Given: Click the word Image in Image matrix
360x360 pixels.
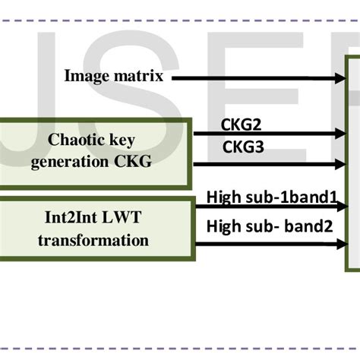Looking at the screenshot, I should point(84,75).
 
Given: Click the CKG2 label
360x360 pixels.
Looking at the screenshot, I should point(242,123).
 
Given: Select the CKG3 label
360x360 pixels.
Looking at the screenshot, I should point(242,147).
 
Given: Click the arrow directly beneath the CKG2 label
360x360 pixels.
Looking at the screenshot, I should point(266,134).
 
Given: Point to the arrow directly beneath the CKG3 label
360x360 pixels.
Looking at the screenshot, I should point(266,163).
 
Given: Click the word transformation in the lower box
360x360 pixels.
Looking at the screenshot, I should point(95,241).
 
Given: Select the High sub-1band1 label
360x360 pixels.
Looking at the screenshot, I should point(271,198).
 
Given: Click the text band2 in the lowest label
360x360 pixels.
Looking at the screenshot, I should point(314,226).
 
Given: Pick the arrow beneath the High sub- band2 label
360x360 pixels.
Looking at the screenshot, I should point(266,244).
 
